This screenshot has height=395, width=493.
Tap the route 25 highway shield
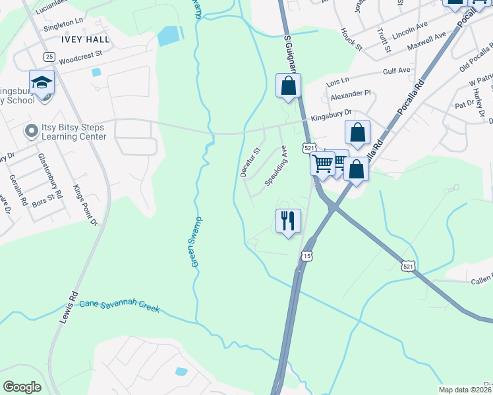49,57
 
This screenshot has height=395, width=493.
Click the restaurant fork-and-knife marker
288,221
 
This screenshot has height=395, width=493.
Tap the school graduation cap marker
42,83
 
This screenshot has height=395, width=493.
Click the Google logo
22,387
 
